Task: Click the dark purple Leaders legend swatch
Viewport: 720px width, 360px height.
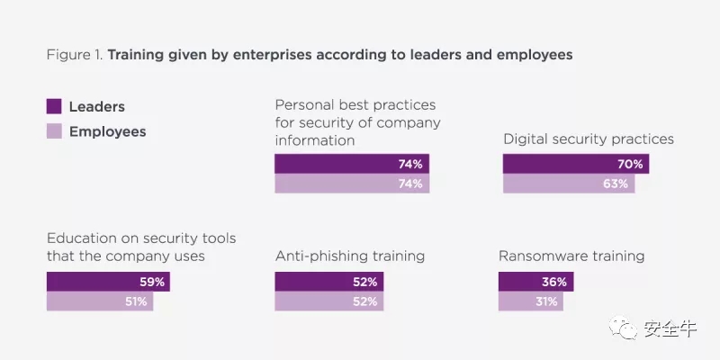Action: tap(54, 107)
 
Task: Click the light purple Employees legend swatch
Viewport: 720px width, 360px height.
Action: tap(54, 131)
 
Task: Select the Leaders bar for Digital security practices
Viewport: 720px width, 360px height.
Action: tap(575, 164)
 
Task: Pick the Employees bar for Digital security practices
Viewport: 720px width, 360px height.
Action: tap(568, 184)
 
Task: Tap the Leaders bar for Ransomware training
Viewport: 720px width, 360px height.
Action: tap(535, 282)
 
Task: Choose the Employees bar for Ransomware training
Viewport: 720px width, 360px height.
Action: tap(530, 301)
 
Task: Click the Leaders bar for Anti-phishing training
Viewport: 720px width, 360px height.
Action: tap(328, 282)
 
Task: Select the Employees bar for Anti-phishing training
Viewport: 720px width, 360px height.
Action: tap(328, 301)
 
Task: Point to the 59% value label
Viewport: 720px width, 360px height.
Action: tap(153, 282)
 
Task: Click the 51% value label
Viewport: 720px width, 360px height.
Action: tap(136, 301)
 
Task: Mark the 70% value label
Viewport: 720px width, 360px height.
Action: tap(631, 164)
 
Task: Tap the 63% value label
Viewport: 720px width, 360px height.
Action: tap(616, 184)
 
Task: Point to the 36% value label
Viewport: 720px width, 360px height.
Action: tap(554, 282)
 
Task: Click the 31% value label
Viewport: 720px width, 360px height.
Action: tap(546, 301)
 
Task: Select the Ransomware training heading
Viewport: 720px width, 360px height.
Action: tap(571, 256)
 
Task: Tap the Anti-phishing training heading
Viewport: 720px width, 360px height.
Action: tap(349, 256)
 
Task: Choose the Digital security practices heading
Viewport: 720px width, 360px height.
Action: tap(588, 139)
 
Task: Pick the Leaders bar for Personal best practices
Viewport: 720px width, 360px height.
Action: tap(352, 164)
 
